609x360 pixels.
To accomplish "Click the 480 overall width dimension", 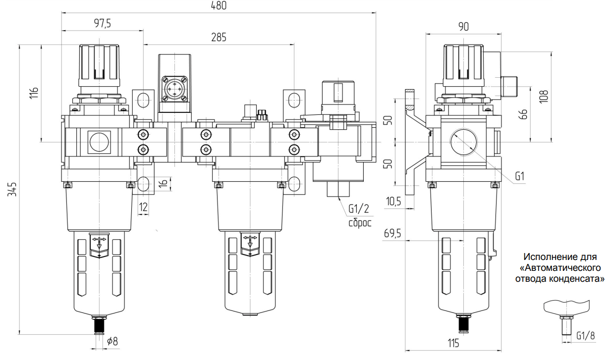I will [x=218, y=6].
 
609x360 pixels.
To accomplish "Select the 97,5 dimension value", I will [x=102, y=23].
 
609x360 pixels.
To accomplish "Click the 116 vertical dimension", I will [x=34, y=93].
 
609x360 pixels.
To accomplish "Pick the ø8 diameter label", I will [x=113, y=341].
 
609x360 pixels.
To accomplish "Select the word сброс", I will [x=359, y=222].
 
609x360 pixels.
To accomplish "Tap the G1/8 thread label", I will [x=585, y=335].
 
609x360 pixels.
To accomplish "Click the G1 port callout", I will [x=520, y=176].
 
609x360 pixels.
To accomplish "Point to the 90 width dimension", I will [x=463, y=27].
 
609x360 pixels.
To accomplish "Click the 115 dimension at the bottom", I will [x=452, y=343].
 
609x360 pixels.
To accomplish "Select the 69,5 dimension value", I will [x=393, y=233].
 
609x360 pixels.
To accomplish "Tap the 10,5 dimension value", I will [x=394, y=202].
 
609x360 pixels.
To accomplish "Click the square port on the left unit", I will [x=99, y=141].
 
